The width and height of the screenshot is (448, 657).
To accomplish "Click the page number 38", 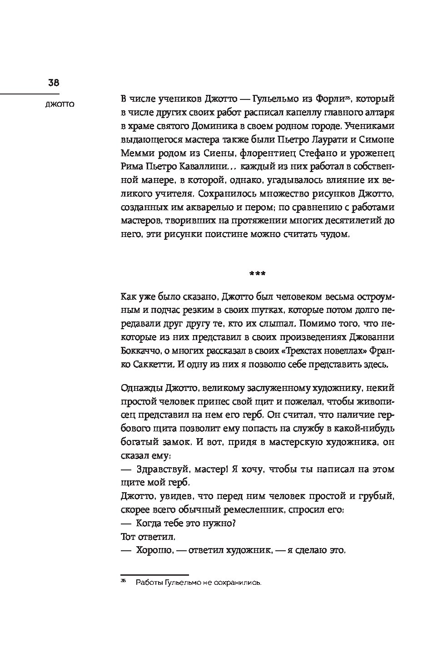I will [x=54, y=83].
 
